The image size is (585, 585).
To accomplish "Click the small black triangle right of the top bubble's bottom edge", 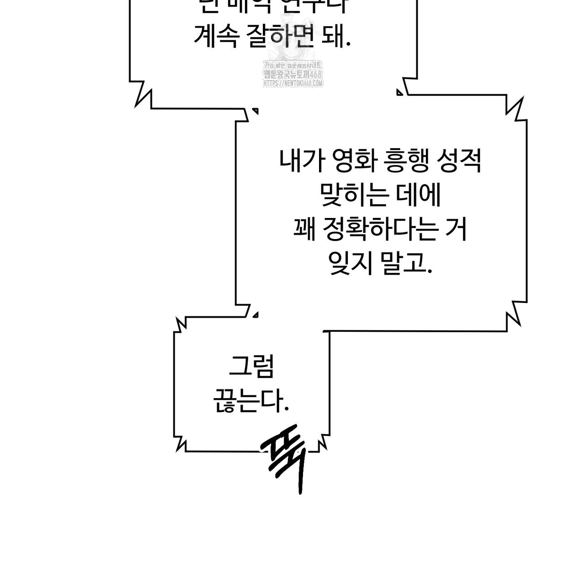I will (400, 92).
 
